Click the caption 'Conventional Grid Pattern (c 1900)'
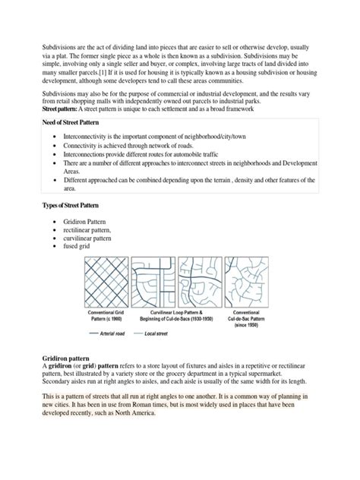click(106, 311)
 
